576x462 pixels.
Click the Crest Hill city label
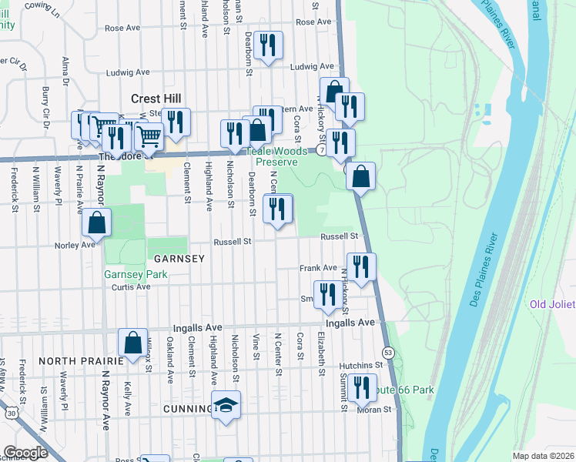(156, 99)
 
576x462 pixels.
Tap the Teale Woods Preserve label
(276, 157)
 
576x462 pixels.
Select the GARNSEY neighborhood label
(178, 259)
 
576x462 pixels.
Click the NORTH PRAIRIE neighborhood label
(81, 360)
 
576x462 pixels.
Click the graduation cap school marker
(226, 406)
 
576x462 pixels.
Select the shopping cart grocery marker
(149, 138)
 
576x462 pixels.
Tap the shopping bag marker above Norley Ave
(96, 223)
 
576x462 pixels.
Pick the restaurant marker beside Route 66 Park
(360, 388)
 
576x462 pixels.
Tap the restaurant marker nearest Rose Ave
(267, 46)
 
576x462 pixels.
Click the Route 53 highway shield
(388, 352)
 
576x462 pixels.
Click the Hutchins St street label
(364, 365)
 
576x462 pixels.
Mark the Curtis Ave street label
(131, 286)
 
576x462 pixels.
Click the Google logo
(25, 452)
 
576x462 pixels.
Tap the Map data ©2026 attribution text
(542, 456)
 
